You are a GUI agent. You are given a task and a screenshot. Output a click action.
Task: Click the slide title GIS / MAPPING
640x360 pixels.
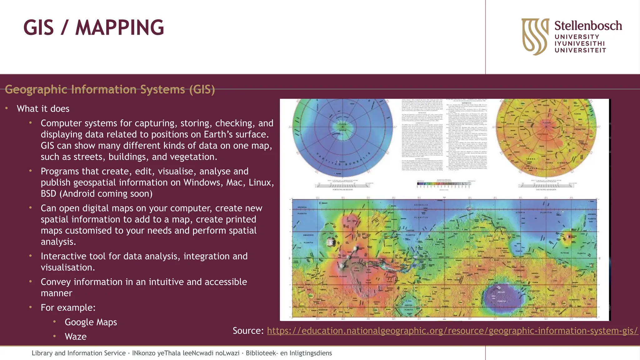[93, 28]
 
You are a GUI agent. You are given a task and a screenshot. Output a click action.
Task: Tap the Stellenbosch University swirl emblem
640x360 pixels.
[535, 36]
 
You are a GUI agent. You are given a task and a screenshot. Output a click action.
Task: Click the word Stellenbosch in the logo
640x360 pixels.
[588, 26]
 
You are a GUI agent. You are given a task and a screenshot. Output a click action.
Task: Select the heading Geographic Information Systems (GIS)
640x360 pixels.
[110, 90]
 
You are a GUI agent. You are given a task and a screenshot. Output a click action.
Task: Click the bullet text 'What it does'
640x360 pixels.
[43, 109]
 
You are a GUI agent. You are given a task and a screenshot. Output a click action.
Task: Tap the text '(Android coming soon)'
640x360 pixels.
[107, 194]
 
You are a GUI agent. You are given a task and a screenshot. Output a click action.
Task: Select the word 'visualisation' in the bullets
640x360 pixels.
[68, 267]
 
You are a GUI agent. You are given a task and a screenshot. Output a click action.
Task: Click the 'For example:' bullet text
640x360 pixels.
[68, 308]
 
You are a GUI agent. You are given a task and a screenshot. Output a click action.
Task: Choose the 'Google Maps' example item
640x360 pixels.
[91, 322]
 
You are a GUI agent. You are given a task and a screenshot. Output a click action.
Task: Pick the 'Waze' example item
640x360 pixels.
[76, 337]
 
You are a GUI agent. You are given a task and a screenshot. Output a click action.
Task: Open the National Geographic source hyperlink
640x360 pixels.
[452, 331]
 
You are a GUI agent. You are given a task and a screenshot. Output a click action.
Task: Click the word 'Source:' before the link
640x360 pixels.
[248, 331]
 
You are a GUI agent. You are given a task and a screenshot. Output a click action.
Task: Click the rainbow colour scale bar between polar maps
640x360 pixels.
[444, 184]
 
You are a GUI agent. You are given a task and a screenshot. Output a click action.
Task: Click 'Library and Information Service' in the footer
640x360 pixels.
[78, 353]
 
